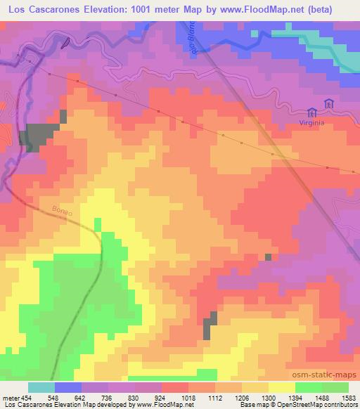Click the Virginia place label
314,120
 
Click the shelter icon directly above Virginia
312,110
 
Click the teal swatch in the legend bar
41,387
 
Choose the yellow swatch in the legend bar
282,387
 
